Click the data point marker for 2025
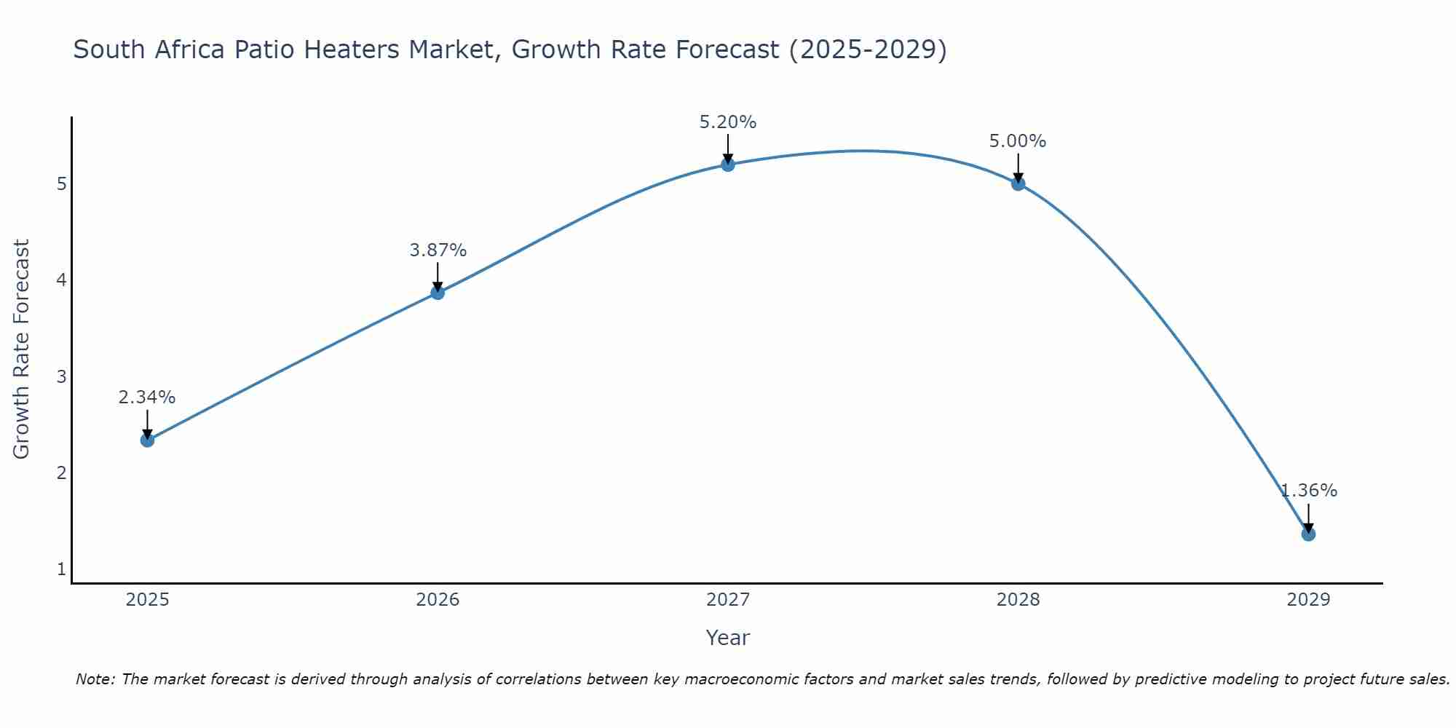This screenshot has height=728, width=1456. click(147, 440)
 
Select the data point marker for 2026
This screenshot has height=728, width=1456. click(438, 293)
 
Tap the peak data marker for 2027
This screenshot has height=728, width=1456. click(728, 165)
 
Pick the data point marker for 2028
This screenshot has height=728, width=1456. click(1018, 183)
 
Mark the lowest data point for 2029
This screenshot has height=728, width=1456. click(1308, 534)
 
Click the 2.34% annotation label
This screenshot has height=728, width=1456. click(147, 397)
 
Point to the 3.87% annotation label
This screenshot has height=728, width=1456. click(438, 250)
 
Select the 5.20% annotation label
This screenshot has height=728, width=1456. click(728, 122)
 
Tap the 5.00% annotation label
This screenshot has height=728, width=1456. click(1018, 141)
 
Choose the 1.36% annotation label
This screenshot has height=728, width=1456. click(1309, 491)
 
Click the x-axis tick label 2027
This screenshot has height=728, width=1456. click(728, 600)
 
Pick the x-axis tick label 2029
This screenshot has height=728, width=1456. click(1308, 600)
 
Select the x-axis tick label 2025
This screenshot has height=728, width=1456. click(147, 600)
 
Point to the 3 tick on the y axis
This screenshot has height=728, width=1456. click(62, 376)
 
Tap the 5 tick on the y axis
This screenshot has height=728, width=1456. click(62, 183)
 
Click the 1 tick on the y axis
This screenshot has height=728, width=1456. click(62, 569)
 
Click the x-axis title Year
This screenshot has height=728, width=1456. click(728, 638)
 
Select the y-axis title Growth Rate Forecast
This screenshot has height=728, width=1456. click(22, 349)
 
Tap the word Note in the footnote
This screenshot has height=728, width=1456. click(95, 679)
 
